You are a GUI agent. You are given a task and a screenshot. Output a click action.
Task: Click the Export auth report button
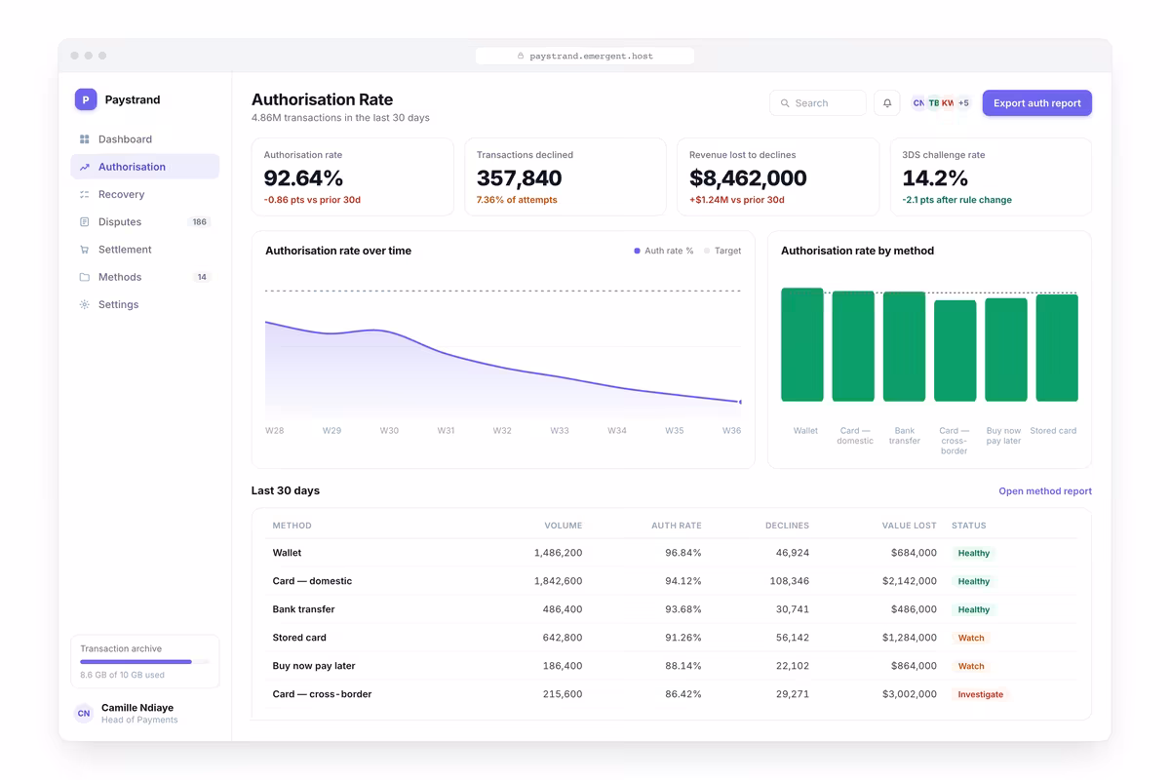coord(1036,103)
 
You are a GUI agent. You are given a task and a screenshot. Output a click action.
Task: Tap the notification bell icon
coord(887,103)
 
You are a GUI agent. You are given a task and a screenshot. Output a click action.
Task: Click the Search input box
coord(817,103)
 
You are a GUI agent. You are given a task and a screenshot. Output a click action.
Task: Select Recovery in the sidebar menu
coord(121,194)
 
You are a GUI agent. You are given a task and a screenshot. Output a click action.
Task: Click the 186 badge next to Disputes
coord(199,221)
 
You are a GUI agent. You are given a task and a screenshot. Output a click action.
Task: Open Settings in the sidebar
coord(118,304)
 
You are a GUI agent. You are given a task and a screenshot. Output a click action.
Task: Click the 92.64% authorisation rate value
coord(303,178)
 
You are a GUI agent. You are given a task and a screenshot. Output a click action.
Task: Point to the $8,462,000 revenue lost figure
coord(748,178)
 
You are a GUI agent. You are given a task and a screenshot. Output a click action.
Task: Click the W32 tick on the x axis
coord(502,431)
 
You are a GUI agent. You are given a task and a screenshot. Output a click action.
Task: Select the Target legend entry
coord(722,251)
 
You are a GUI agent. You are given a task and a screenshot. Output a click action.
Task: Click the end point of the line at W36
coord(740,402)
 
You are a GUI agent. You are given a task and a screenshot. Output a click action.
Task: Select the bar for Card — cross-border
coord(955,351)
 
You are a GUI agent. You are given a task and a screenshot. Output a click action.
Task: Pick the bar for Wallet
coord(802,345)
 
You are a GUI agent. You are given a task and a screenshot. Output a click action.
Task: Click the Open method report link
coord(1045,491)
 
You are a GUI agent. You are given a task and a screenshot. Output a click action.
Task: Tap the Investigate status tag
coord(981,694)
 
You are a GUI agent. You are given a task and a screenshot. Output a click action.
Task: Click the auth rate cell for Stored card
coord(682,638)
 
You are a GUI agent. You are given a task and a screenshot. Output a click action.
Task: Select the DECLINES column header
coord(787,526)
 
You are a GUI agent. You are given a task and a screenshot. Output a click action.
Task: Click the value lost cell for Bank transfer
coord(914,609)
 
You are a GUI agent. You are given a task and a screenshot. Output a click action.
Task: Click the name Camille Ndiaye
coord(137,708)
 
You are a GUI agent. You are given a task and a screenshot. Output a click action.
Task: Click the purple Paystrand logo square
coord(86,99)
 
